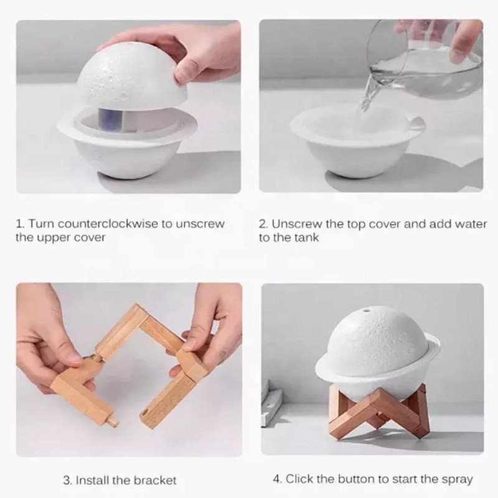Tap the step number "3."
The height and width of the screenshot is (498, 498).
coord(67,480)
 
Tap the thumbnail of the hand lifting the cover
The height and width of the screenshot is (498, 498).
coord(129,106)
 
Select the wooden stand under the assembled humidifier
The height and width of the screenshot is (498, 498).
coord(378,410)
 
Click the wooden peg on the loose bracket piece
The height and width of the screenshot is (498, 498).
coord(113,419)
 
